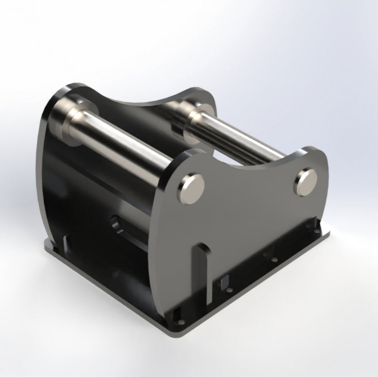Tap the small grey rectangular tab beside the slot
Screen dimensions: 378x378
coord(225,282)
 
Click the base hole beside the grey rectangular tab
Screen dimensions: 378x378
coord(230,290)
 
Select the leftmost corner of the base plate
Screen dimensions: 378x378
coord(46,246)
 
